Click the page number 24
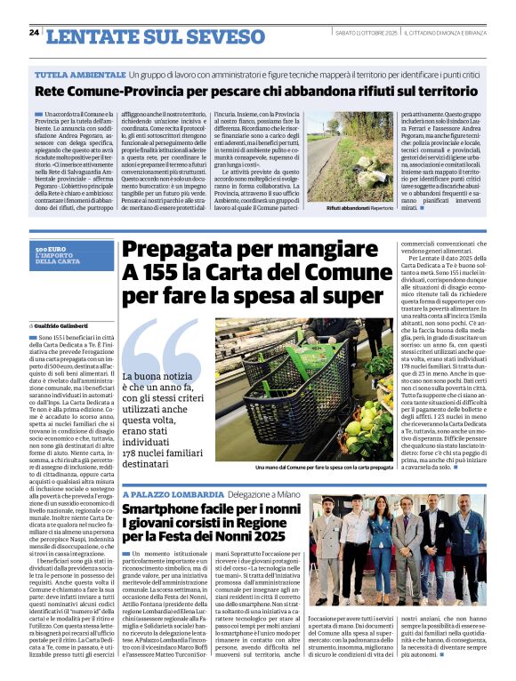coord(34,32)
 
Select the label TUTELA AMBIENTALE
coord(79,74)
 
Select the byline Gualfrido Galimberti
coord(72,325)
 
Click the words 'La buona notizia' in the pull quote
coord(157,376)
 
